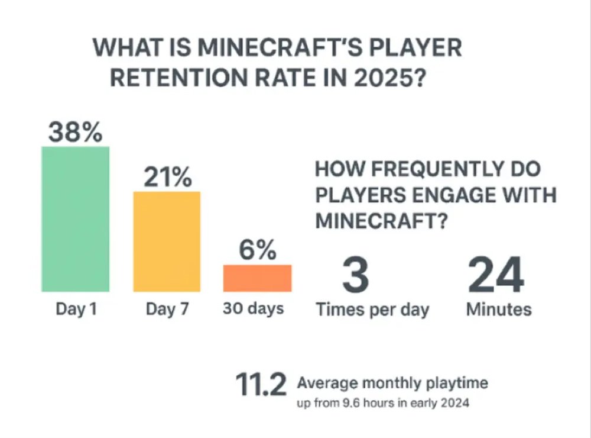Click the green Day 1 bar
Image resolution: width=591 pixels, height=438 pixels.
tap(75, 219)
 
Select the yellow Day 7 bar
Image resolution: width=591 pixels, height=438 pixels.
tap(167, 241)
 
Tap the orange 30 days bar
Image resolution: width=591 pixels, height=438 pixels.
tap(257, 278)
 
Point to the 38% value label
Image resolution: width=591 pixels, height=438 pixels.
tap(75, 133)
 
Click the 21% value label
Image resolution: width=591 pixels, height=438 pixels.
tap(167, 178)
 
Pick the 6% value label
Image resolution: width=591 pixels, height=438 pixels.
tap(258, 251)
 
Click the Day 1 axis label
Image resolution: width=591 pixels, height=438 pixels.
tap(76, 309)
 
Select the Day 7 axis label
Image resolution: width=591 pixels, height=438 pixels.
tap(167, 309)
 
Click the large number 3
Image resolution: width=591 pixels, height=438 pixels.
tap(356, 275)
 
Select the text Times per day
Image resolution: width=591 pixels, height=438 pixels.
tap(372, 310)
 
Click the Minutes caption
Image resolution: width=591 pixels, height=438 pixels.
tap(499, 309)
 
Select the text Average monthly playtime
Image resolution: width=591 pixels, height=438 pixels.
tap(392, 384)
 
